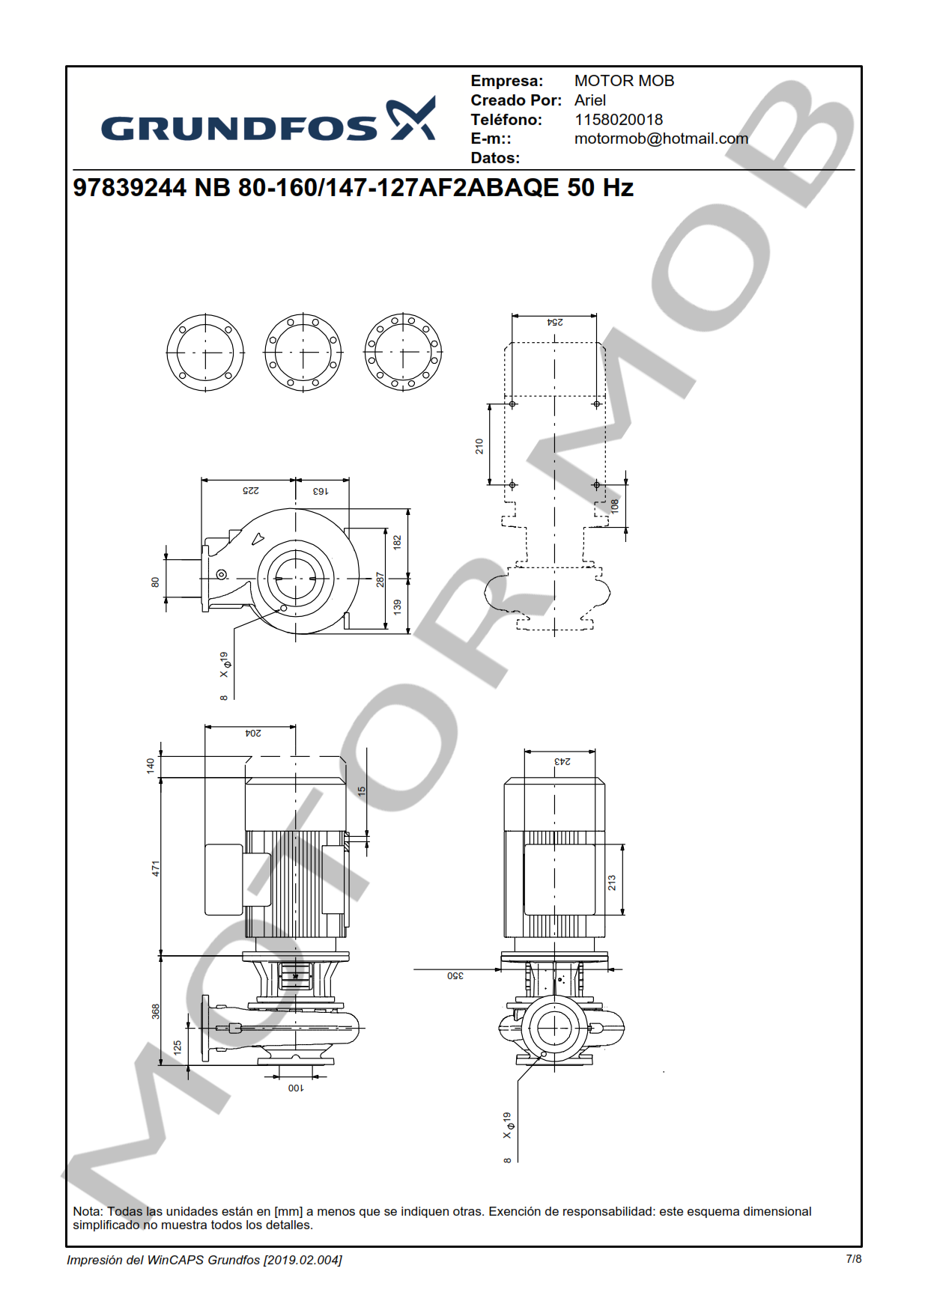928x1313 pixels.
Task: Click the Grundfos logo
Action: (268, 120)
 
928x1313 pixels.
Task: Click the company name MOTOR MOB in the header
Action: (624, 81)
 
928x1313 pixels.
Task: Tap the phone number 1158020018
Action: (619, 120)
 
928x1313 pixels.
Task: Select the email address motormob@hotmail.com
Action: (661, 138)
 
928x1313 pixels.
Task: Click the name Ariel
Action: (590, 100)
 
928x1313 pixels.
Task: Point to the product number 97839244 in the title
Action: (130, 187)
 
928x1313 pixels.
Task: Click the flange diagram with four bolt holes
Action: (205, 353)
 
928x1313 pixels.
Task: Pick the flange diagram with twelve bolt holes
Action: (403, 353)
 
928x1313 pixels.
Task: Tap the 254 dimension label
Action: (555, 322)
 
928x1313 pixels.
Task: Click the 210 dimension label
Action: (479, 446)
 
